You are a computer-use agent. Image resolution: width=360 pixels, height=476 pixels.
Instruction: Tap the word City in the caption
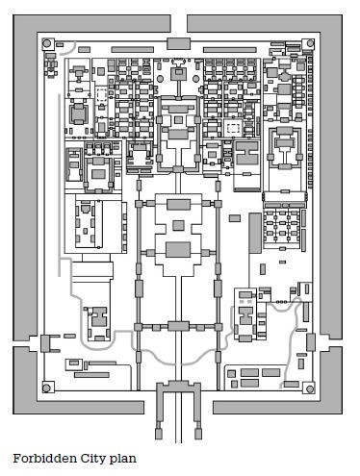point(87,460)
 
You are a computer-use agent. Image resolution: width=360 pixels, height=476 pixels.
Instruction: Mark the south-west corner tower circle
point(46,388)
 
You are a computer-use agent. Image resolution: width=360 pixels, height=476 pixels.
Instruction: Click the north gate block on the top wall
point(179,43)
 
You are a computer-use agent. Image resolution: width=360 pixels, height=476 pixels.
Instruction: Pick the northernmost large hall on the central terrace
point(179,204)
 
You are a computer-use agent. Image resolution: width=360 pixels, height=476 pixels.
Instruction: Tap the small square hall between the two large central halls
point(179,226)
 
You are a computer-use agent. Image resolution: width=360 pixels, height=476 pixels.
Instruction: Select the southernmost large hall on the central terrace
point(179,251)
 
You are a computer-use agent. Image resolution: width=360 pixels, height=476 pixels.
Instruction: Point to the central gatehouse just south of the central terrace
point(179,326)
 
